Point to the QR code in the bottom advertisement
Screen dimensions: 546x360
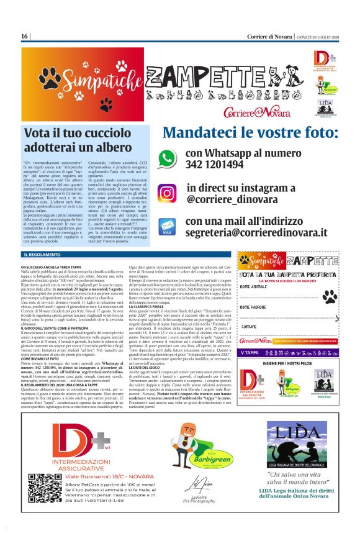(x=38, y=485)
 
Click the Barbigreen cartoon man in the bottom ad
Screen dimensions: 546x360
(x=186, y=447)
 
